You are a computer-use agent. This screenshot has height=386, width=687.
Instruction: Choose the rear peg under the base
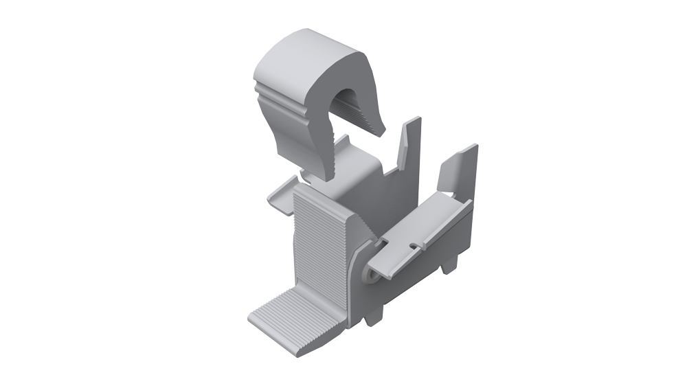coord(453,265)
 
